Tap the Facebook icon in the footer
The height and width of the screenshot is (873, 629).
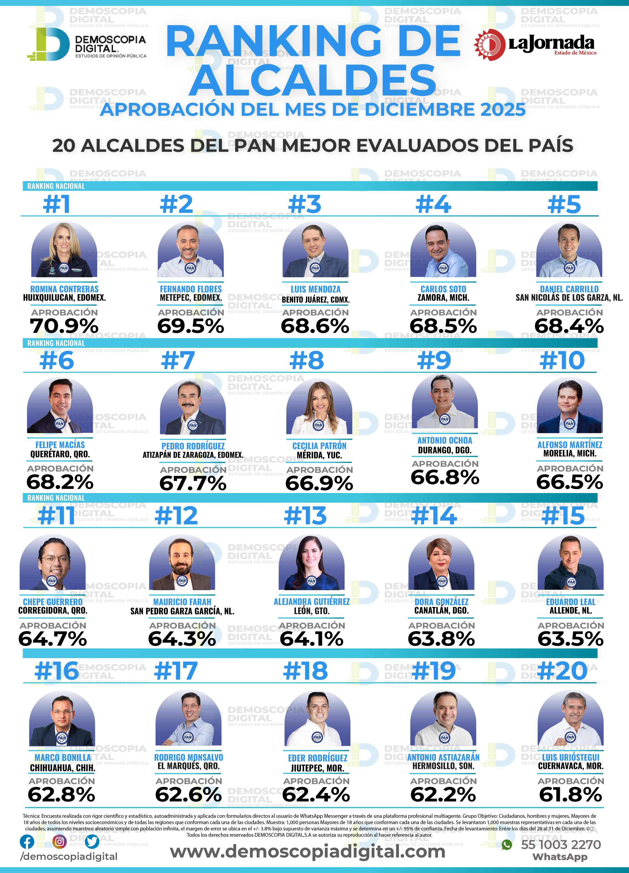[27, 842]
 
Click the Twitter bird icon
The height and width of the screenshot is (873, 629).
[92, 842]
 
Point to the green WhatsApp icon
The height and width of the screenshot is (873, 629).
[507, 845]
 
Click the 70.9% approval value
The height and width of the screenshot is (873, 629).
[64, 326]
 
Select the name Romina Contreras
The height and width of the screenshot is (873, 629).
[64, 289]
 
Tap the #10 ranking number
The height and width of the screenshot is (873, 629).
[562, 361]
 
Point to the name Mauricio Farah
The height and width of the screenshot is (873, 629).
[182, 602]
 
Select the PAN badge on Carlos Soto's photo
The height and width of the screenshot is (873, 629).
[443, 268]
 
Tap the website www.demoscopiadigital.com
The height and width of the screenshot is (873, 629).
[308, 851]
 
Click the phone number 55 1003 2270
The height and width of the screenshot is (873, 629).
[561, 845]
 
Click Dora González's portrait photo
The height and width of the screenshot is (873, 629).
[441, 563]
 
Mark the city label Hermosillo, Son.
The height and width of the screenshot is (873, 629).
[443, 766]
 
